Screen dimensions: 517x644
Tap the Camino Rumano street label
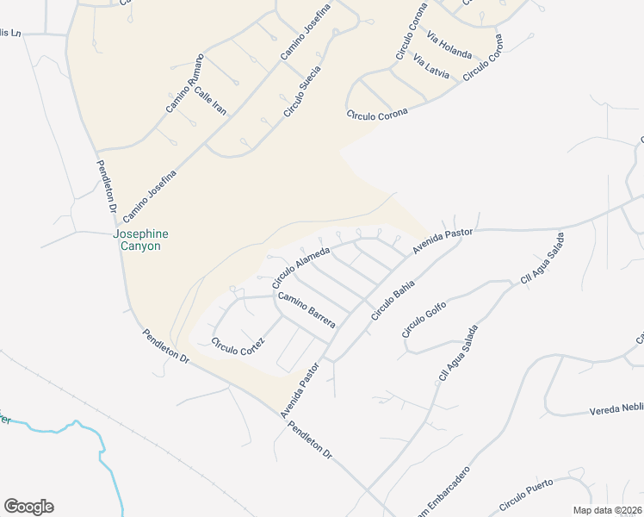click(186, 84)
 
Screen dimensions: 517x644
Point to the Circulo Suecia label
click(302, 91)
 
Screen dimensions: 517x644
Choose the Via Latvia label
click(431, 67)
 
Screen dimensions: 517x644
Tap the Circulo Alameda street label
click(301, 267)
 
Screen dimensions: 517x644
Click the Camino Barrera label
click(306, 309)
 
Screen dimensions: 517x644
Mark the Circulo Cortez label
click(238, 347)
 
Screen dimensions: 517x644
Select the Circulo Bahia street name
click(393, 300)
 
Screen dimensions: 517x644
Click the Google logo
click(28, 507)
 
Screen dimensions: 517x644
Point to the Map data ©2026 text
click(608, 510)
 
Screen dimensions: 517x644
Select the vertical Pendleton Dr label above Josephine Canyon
click(105, 186)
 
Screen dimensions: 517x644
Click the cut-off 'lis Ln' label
click(10, 33)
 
